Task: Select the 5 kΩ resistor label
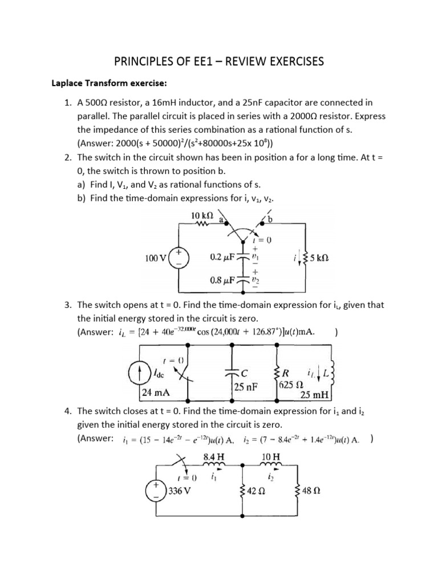point(323,258)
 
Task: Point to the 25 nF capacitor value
point(246,386)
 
